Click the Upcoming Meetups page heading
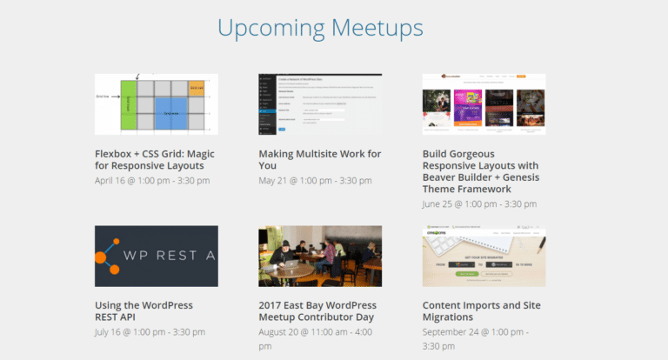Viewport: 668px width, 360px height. [x=320, y=28]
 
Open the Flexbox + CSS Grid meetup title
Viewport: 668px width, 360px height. [x=154, y=160]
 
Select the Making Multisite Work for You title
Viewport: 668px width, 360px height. [x=319, y=160]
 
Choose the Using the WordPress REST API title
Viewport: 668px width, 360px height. [x=144, y=311]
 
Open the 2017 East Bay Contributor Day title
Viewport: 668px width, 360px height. [x=317, y=311]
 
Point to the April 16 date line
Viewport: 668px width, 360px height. [x=152, y=181]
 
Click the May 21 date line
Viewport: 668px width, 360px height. [x=314, y=181]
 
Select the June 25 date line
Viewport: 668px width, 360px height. [x=479, y=203]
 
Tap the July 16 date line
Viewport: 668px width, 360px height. [x=150, y=332]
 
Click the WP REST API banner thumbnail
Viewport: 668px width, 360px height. [x=156, y=256]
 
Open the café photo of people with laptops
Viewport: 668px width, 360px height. [x=320, y=256]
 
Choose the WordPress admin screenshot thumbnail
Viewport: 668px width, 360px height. [x=320, y=103]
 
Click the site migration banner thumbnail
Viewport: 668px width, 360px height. [x=484, y=256]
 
